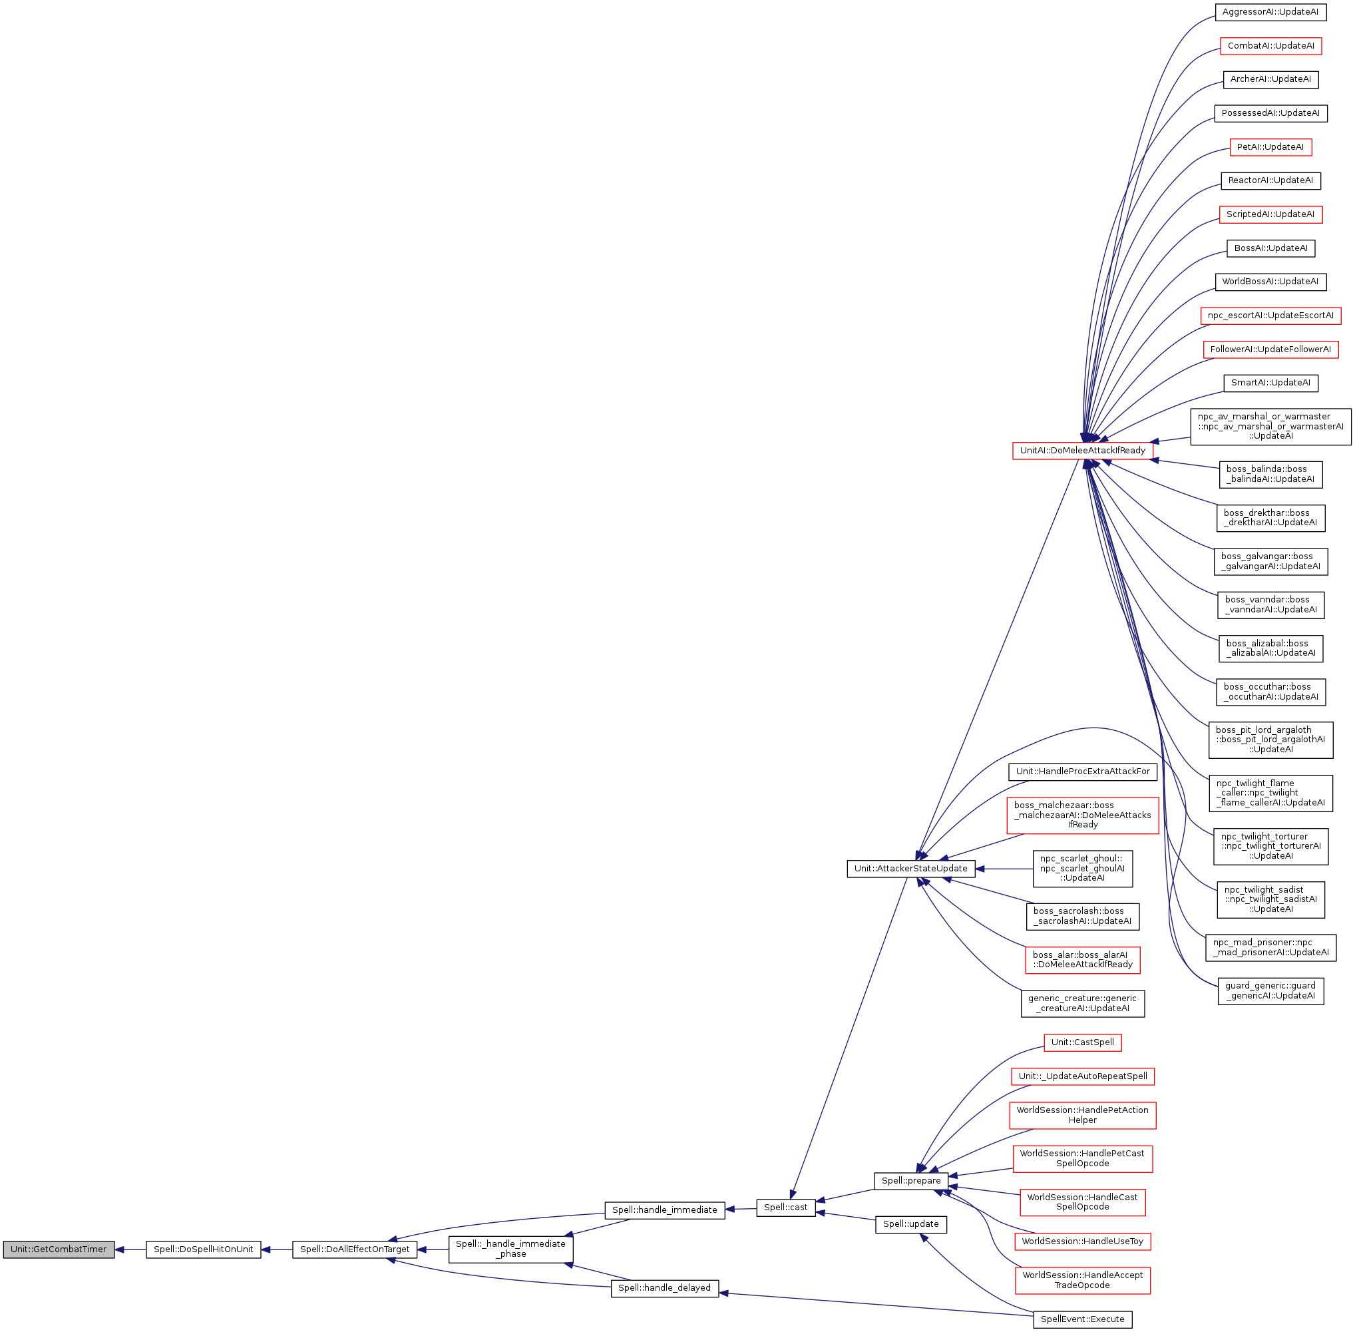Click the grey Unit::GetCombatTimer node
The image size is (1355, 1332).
(58, 1249)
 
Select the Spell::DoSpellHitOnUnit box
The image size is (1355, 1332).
(203, 1249)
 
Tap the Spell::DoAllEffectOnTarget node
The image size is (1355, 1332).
(355, 1249)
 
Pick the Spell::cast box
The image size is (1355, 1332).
(785, 1207)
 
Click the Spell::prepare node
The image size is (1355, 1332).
(911, 1180)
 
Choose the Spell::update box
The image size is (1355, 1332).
(911, 1223)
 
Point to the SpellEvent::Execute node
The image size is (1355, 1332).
(1082, 1319)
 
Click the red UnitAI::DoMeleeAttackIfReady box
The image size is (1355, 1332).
(1082, 451)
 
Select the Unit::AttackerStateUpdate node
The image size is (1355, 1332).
(911, 868)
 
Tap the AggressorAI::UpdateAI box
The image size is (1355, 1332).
(1270, 12)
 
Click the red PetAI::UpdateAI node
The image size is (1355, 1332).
(1270, 147)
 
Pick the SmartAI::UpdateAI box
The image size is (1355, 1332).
(1270, 383)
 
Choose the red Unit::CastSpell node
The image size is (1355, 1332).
(1082, 1042)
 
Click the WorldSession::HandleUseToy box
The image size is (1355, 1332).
(1082, 1241)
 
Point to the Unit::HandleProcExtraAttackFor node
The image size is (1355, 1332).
(1082, 771)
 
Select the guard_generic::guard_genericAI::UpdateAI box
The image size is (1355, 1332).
(1270, 991)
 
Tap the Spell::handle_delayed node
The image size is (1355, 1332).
(665, 1287)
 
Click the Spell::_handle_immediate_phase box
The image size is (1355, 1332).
(510, 1248)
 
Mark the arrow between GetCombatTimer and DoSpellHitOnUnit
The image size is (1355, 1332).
(130, 1249)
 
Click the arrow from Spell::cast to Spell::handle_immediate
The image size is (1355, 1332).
(741, 1208)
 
